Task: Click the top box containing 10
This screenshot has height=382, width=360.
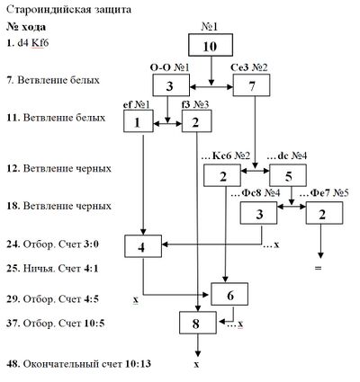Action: (211, 45)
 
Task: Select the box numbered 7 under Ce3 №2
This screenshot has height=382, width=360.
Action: (251, 85)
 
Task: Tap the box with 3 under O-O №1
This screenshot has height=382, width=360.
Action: (171, 85)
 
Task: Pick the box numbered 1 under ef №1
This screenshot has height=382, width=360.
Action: (139, 121)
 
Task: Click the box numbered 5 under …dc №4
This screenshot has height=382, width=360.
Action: (288, 175)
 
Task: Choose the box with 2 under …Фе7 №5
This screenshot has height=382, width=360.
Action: (324, 213)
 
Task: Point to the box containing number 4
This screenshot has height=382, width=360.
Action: (143, 246)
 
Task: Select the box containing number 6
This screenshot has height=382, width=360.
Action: (229, 294)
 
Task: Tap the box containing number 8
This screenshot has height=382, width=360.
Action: (198, 323)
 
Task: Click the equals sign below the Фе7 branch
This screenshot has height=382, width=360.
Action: (318, 268)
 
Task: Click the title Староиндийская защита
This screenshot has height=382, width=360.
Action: (69, 10)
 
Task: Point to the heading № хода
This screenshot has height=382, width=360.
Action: (26, 27)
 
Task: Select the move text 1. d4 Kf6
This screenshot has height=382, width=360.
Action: (28, 43)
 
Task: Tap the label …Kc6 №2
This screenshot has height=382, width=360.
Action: (227, 155)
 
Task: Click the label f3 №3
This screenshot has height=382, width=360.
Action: (195, 104)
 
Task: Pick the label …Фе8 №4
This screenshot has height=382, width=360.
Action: (256, 193)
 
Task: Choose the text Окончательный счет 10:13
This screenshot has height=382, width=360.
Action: (87, 364)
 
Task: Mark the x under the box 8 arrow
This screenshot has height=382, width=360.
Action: (196, 365)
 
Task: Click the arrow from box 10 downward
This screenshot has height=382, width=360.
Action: (211, 71)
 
